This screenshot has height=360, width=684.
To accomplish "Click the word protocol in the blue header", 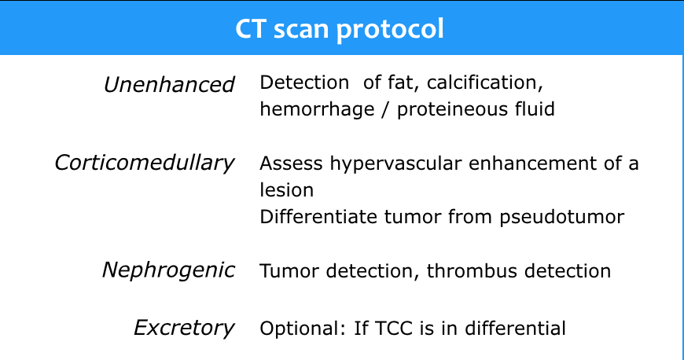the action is (x=390, y=30).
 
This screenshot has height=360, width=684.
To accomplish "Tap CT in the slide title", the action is (x=250, y=29).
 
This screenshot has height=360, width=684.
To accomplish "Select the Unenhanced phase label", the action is (x=169, y=84).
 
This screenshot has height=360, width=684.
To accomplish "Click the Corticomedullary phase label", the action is (x=145, y=163).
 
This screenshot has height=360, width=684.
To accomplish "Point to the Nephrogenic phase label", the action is (x=168, y=270).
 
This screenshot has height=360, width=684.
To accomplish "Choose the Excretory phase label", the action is (x=184, y=328).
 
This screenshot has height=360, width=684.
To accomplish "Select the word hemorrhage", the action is (x=317, y=109).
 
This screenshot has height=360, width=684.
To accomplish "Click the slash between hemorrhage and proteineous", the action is (x=385, y=109).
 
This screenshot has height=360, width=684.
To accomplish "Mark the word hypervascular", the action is (x=395, y=163).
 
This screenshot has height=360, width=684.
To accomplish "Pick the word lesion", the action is (x=287, y=190).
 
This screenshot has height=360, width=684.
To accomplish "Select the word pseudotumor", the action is (x=562, y=217).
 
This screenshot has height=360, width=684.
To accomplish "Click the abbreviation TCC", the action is (x=393, y=328).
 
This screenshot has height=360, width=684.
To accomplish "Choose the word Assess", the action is (x=291, y=163).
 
